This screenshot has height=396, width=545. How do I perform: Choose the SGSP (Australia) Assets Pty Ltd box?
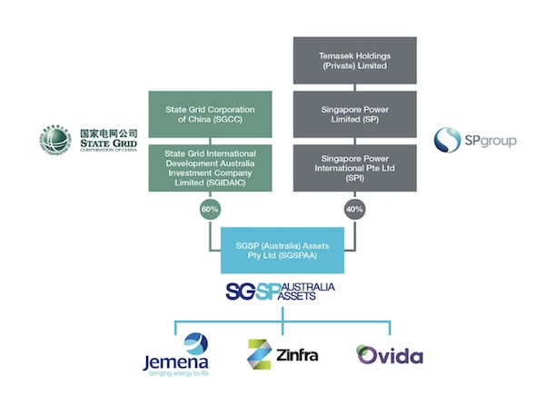(282, 251)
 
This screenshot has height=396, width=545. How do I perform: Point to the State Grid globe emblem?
(55, 142)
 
